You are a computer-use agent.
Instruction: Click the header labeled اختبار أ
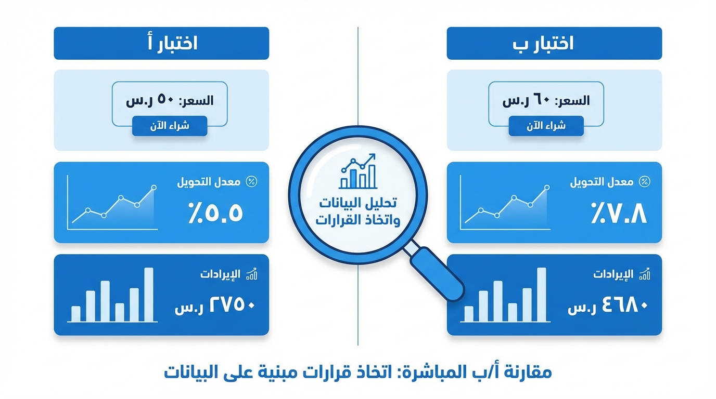click(x=161, y=44)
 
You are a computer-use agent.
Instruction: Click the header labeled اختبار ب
click(x=554, y=44)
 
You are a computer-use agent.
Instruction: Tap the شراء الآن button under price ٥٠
click(x=170, y=126)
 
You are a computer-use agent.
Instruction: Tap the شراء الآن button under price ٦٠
click(x=546, y=126)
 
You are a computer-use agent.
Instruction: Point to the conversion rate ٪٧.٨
click(x=619, y=213)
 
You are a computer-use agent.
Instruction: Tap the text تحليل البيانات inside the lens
click(x=357, y=203)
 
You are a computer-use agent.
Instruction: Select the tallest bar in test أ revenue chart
click(x=149, y=294)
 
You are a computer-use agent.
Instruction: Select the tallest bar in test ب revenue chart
click(x=542, y=294)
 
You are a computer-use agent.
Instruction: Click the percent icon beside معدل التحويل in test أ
click(x=251, y=182)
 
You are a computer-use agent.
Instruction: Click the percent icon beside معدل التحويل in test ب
click(x=644, y=182)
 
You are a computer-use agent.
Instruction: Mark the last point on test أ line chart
click(x=154, y=187)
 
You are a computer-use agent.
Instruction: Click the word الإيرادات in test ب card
click(x=613, y=274)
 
